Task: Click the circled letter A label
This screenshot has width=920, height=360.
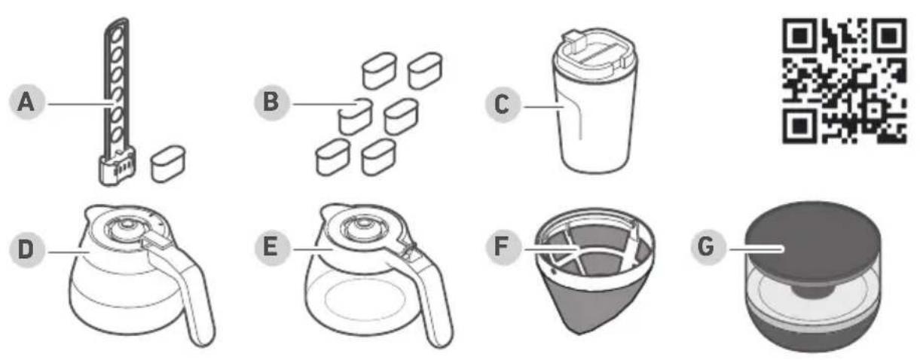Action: point(26,102)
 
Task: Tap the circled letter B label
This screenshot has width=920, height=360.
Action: point(271,102)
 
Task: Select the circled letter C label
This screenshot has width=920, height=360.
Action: point(503,105)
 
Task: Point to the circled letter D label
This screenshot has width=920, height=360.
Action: point(26,249)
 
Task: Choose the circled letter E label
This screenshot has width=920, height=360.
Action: point(271,248)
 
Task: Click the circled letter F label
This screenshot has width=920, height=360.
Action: point(503,248)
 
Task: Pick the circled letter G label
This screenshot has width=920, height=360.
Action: point(708,248)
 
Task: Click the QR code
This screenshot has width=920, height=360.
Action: point(844,81)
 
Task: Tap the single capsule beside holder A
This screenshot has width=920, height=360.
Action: point(168,163)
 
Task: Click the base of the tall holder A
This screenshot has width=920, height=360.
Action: point(117,167)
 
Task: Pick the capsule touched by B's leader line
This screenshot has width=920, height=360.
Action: point(356,117)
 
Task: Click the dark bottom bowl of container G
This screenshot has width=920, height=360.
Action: point(813,331)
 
